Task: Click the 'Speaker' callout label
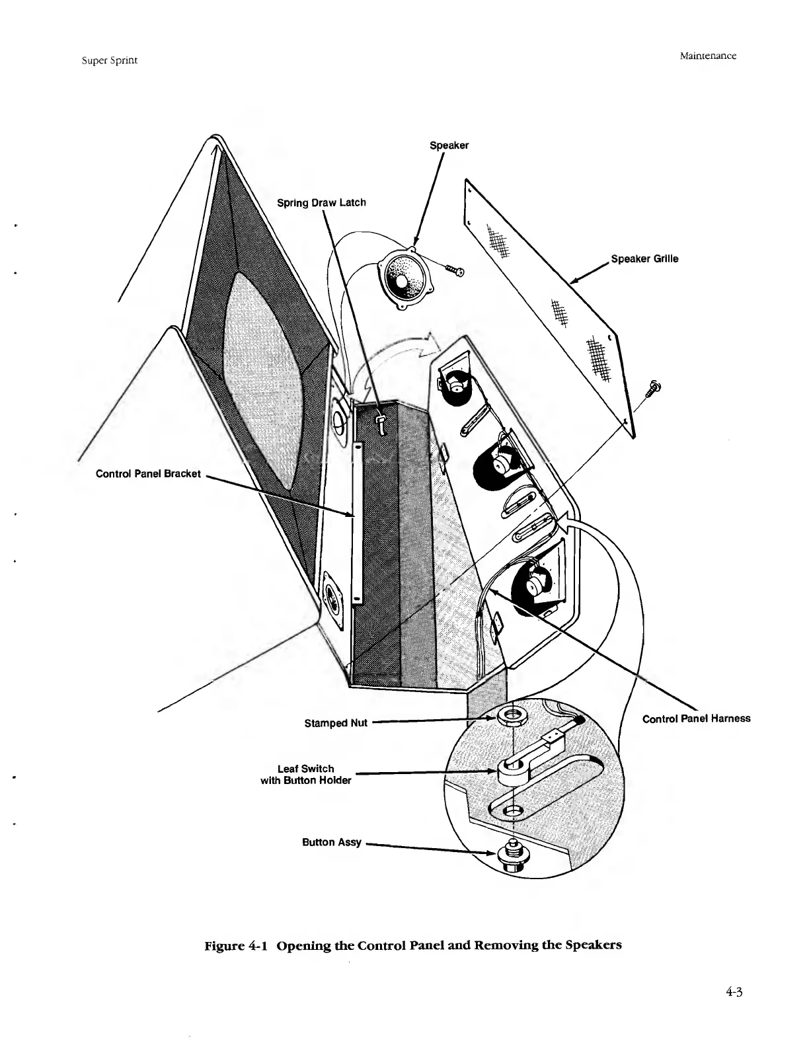449,145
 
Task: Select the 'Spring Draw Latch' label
321,202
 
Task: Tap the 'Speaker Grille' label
644,258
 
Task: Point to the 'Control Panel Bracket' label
148,474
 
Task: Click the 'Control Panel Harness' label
696,718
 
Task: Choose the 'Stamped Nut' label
335,723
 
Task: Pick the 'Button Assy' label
331,842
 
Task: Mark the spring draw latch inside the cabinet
382,422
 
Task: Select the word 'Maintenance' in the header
707,56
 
